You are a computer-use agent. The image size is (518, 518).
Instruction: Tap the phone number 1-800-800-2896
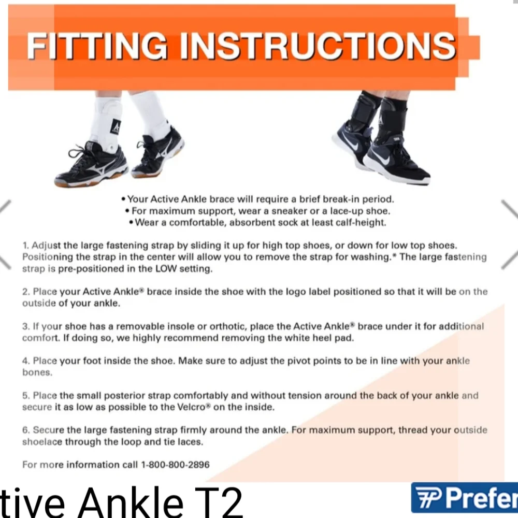(x=175, y=465)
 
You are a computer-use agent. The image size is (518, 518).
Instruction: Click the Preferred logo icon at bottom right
(x=428, y=498)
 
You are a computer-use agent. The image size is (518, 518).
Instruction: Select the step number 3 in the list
(x=25, y=326)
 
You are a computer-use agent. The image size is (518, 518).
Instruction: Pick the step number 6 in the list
(x=25, y=430)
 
